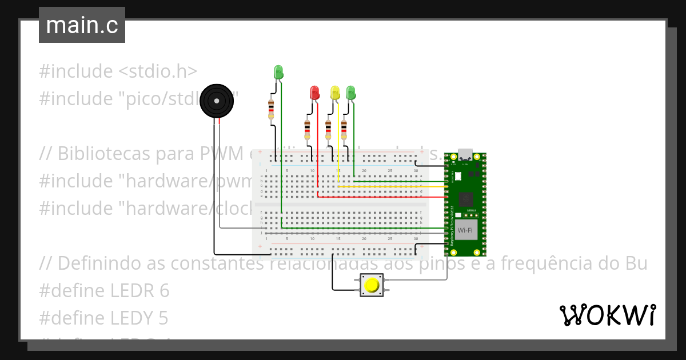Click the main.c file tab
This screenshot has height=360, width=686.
(82, 26)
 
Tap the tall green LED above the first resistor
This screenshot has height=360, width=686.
(278, 73)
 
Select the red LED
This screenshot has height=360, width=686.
(314, 92)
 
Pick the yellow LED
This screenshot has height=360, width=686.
(335, 92)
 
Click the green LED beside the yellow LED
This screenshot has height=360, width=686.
(350, 91)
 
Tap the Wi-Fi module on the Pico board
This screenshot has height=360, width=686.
(466, 230)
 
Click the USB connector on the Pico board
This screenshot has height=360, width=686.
(465, 155)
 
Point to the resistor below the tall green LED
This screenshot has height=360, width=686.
(271, 110)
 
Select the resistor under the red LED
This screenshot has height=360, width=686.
(308, 130)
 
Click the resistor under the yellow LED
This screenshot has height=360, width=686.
(328, 130)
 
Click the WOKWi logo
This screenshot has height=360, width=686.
(607, 315)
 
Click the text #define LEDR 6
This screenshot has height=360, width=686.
(104, 291)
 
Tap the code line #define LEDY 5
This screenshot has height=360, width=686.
(104, 318)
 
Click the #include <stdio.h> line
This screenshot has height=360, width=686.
(118, 71)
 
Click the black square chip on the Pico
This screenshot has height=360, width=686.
(466, 199)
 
